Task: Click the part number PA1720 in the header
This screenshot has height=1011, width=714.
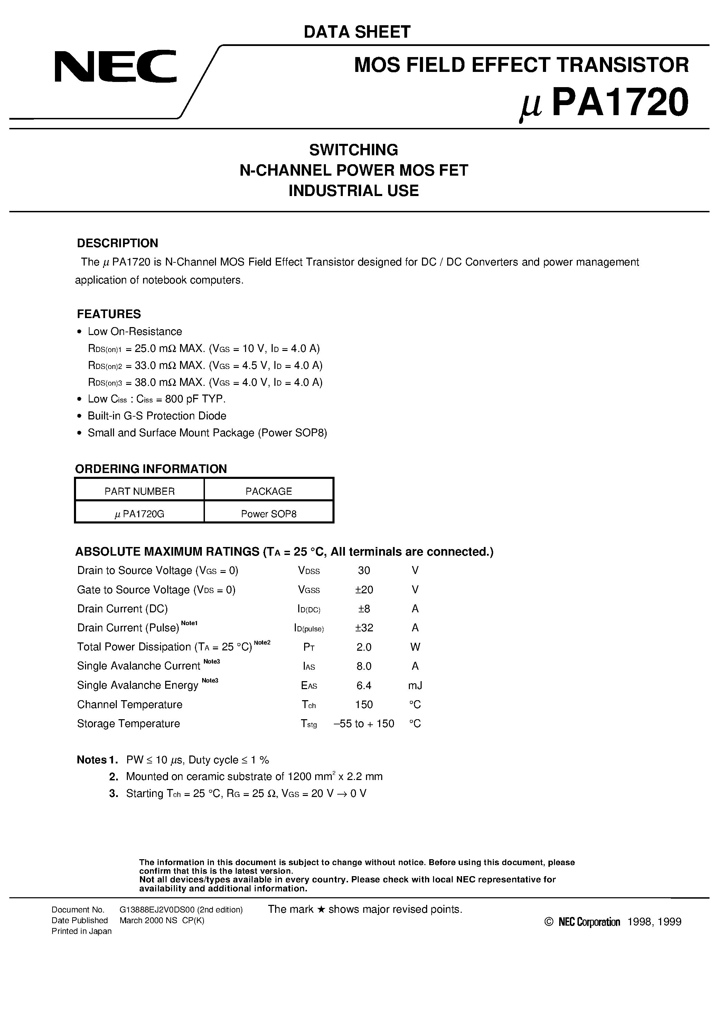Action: [x=619, y=102]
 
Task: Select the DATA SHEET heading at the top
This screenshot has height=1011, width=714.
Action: [x=357, y=32]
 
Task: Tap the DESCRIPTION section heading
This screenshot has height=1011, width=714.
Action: [x=117, y=243]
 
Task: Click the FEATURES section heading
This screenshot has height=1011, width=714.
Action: [x=109, y=314]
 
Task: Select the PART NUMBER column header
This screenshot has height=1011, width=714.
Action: [x=140, y=491]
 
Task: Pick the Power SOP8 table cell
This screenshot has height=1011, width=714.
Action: [x=269, y=514]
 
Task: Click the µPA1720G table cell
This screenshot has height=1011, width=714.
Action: [x=140, y=514]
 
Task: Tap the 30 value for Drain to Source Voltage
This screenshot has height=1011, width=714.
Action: [x=364, y=571]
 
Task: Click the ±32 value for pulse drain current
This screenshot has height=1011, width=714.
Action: [x=364, y=628]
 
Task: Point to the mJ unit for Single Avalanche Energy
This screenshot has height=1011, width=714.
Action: [x=415, y=685]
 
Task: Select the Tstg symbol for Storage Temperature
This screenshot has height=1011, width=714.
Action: [x=309, y=724]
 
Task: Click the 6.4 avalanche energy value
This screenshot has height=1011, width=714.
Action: [x=364, y=685]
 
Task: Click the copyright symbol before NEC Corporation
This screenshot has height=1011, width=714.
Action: [x=548, y=922]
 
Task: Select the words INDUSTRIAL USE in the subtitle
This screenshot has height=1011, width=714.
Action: [x=354, y=191]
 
